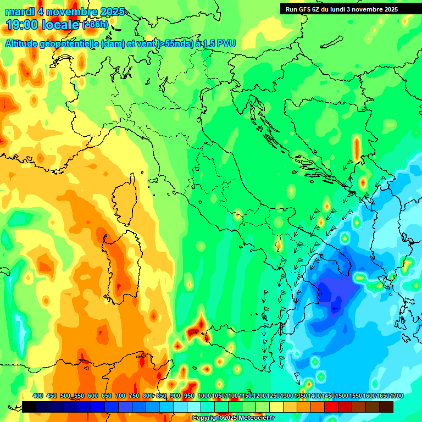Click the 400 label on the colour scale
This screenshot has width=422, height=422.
[38, 396]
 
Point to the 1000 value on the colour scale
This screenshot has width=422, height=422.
[204, 396]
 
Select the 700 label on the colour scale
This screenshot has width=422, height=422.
[120, 396]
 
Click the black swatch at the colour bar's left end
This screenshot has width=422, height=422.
[29, 407]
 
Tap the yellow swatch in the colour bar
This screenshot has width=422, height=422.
[276, 407]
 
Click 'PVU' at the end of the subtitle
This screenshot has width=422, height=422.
[225, 43]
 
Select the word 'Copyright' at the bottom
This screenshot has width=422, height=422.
[206, 418]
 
